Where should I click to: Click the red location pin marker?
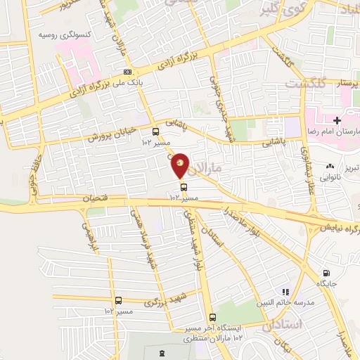point(180,166)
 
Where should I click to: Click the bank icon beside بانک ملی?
point(127,72)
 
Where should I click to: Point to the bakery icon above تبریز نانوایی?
point(328,166)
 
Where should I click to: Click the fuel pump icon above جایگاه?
point(326,273)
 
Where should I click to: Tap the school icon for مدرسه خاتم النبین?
point(285,291)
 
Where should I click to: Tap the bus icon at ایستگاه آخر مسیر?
point(213,317)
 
